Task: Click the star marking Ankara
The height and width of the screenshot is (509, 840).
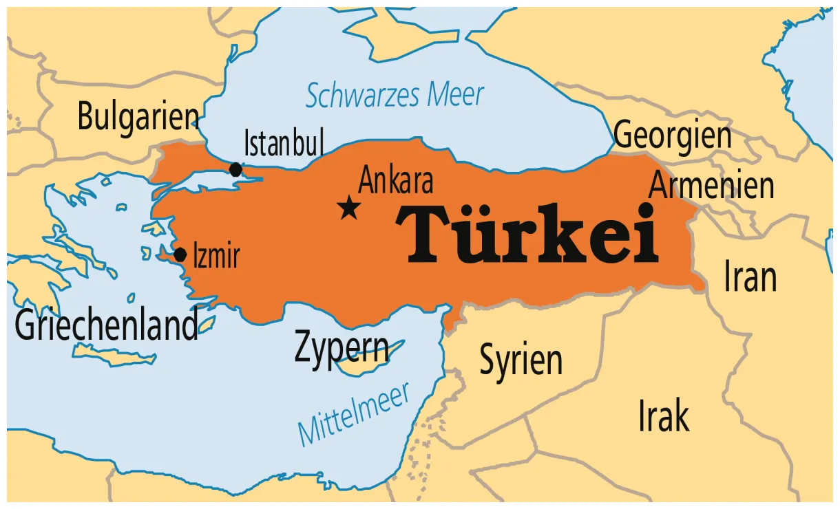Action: (x=350, y=207)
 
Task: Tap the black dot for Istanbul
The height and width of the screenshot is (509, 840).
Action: (x=235, y=170)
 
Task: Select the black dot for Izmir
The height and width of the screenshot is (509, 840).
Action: (x=180, y=255)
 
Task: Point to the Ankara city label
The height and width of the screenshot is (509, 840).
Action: (x=396, y=182)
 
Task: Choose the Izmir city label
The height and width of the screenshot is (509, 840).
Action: (x=216, y=256)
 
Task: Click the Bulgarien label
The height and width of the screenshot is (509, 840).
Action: (x=138, y=116)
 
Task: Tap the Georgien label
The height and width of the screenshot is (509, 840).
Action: (x=672, y=134)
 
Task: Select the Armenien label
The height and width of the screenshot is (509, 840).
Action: (x=711, y=185)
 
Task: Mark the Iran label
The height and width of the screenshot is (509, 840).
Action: (x=750, y=277)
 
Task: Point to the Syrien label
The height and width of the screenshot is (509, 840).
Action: (x=521, y=360)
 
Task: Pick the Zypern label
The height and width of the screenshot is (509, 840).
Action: (x=341, y=347)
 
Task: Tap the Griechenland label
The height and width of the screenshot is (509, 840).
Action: (x=106, y=325)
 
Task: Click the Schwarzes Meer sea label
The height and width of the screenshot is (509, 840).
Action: (x=395, y=95)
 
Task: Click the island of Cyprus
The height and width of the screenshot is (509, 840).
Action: (x=365, y=365)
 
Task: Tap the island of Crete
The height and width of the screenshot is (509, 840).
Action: (x=114, y=357)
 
